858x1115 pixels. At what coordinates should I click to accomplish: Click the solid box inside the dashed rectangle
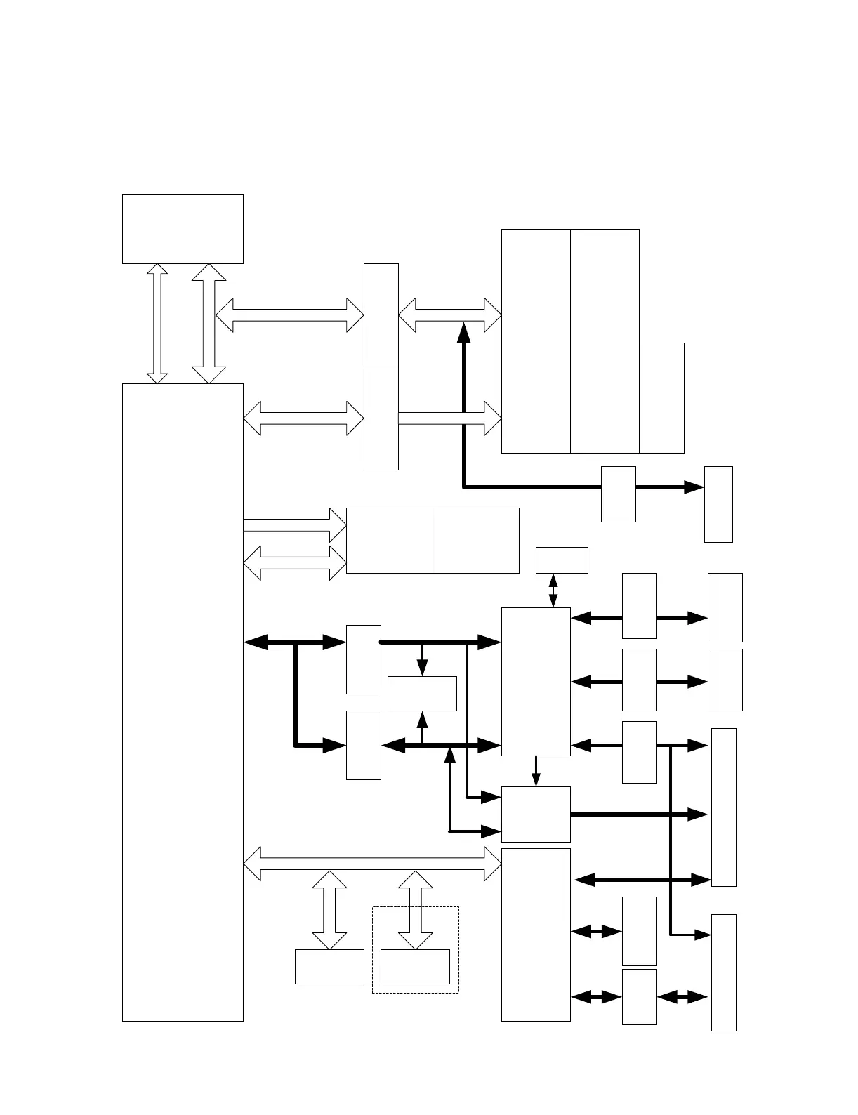415,967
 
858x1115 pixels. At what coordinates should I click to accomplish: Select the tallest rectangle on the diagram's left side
183,702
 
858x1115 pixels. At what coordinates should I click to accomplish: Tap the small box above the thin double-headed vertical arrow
562,560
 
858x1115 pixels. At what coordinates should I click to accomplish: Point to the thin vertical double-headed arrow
553,591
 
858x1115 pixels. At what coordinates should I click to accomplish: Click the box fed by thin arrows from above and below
422,694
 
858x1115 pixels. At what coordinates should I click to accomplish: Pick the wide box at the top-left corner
183,229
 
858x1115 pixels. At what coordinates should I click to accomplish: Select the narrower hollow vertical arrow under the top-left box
158,324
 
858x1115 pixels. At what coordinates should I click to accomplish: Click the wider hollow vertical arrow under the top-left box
209,324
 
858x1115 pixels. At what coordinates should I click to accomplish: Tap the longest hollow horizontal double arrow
372,864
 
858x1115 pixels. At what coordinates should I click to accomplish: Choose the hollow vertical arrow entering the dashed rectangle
416,910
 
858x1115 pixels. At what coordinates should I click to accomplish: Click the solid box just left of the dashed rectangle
329,967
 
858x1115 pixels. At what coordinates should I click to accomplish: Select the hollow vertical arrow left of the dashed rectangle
329,910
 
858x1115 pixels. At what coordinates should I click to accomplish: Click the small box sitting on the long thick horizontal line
619,494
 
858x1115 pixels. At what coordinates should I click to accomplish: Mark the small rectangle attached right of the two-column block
661,398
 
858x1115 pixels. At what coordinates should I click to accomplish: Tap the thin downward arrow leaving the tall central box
536,771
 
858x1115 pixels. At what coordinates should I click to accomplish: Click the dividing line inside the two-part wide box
433,541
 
